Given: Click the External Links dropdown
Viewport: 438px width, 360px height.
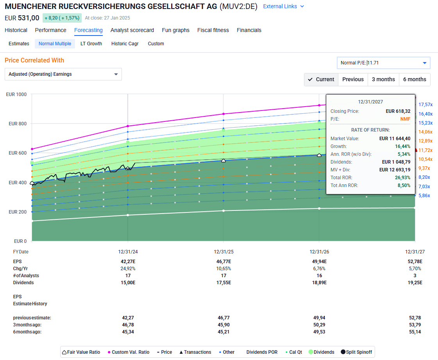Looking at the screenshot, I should pos(283,6).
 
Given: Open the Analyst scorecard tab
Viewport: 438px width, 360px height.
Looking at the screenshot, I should pos(132,30).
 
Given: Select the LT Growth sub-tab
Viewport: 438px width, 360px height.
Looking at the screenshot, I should pos(91,44).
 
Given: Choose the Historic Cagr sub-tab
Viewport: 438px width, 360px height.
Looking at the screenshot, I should pos(125,44).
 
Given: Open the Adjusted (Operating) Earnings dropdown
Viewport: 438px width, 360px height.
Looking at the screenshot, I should pos(63,74).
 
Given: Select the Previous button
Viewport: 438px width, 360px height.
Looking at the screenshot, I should pos(353,79).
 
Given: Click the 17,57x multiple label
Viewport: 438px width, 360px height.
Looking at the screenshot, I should pos(425,105).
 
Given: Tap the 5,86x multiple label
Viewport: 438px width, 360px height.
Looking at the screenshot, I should pos(424,196).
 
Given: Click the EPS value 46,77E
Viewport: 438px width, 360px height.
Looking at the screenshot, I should pos(223,262).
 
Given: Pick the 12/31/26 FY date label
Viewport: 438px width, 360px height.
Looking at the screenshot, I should pos(319,252).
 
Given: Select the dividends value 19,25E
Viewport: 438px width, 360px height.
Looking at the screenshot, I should pos(415,283).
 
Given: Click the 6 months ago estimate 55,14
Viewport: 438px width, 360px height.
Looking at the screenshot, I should pos(415,332).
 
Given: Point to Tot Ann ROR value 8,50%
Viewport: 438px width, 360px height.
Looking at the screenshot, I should pos(402,185).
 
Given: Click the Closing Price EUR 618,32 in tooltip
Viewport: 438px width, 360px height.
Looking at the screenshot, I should pos(398,111).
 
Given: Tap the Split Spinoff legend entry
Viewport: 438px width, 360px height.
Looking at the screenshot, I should pos(356,352).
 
